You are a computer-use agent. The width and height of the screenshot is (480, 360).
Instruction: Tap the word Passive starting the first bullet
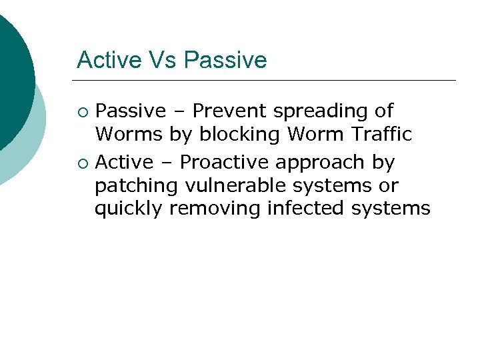click(131, 111)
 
